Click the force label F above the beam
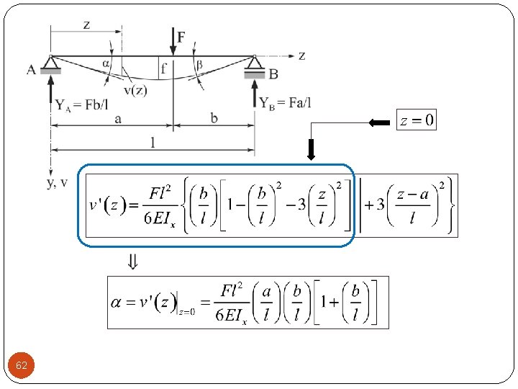pyautogui.click(x=181, y=37)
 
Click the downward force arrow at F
pyautogui.click(x=173, y=43)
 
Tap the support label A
pyautogui.click(x=32, y=70)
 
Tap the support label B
pyautogui.click(x=273, y=73)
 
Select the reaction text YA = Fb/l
pyautogui.click(x=82, y=104)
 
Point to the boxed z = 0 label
pyautogui.click(x=417, y=120)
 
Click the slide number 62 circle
pyautogui.click(x=22, y=366)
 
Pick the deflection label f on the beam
pyautogui.click(x=164, y=69)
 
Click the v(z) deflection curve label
pyautogui.click(x=136, y=90)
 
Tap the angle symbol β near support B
pyautogui.click(x=199, y=64)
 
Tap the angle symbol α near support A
pyautogui.click(x=106, y=63)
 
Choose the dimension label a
pyautogui.click(x=117, y=118)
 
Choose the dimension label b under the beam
pyautogui.click(x=214, y=118)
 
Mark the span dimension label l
pyautogui.click(x=153, y=143)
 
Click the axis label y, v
pyautogui.click(x=58, y=182)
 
